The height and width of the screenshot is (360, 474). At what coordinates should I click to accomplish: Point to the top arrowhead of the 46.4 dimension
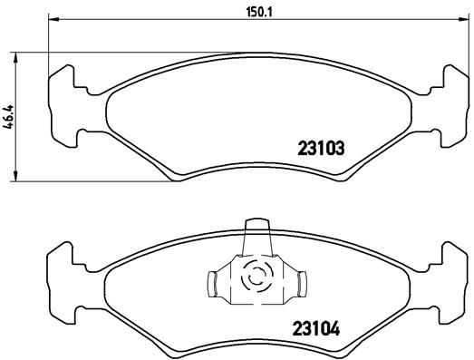pos(16,55)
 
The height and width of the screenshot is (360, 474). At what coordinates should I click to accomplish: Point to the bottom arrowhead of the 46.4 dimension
pos(16,178)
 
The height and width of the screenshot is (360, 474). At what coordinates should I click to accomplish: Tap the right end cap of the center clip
pos(298,285)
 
